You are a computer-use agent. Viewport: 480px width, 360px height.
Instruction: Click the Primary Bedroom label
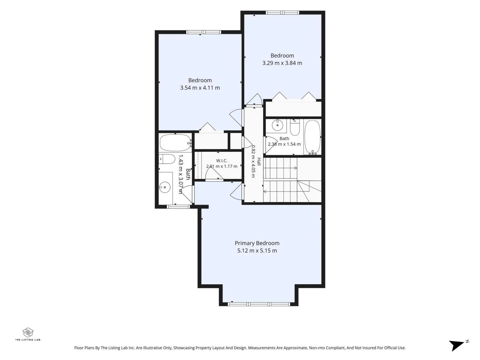(x=257, y=243)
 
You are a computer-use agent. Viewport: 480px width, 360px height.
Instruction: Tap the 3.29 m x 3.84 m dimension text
(x=282, y=63)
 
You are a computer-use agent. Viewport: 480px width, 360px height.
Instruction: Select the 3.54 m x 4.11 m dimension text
(x=200, y=88)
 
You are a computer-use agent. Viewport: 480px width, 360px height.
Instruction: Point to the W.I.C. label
(x=221, y=161)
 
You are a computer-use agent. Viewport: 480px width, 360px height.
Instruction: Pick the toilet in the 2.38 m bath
(x=295, y=128)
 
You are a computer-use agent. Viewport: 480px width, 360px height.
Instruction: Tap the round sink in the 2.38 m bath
(x=277, y=125)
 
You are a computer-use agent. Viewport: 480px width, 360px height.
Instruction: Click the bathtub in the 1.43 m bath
(x=175, y=143)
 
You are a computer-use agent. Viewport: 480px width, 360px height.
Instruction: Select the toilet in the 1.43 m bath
(x=166, y=159)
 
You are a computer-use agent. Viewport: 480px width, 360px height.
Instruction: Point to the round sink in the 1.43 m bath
(x=165, y=187)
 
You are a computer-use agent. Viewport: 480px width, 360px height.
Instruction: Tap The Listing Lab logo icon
(x=28, y=332)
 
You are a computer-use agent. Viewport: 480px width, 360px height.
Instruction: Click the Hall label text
(x=259, y=162)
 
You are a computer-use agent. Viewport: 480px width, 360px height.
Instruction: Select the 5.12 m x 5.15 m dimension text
(x=257, y=250)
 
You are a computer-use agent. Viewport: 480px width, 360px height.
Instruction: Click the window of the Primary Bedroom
(x=259, y=304)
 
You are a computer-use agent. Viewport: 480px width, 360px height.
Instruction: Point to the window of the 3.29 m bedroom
(x=282, y=13)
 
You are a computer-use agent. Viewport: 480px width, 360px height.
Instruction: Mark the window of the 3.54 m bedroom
(x=204, y=32)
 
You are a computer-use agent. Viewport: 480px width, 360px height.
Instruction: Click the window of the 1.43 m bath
(x=178, y=207)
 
